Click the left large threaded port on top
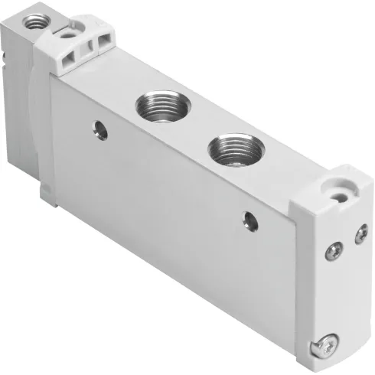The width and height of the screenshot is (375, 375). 155,106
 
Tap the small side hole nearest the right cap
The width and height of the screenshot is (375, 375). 249,220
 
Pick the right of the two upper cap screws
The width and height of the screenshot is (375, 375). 359,236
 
